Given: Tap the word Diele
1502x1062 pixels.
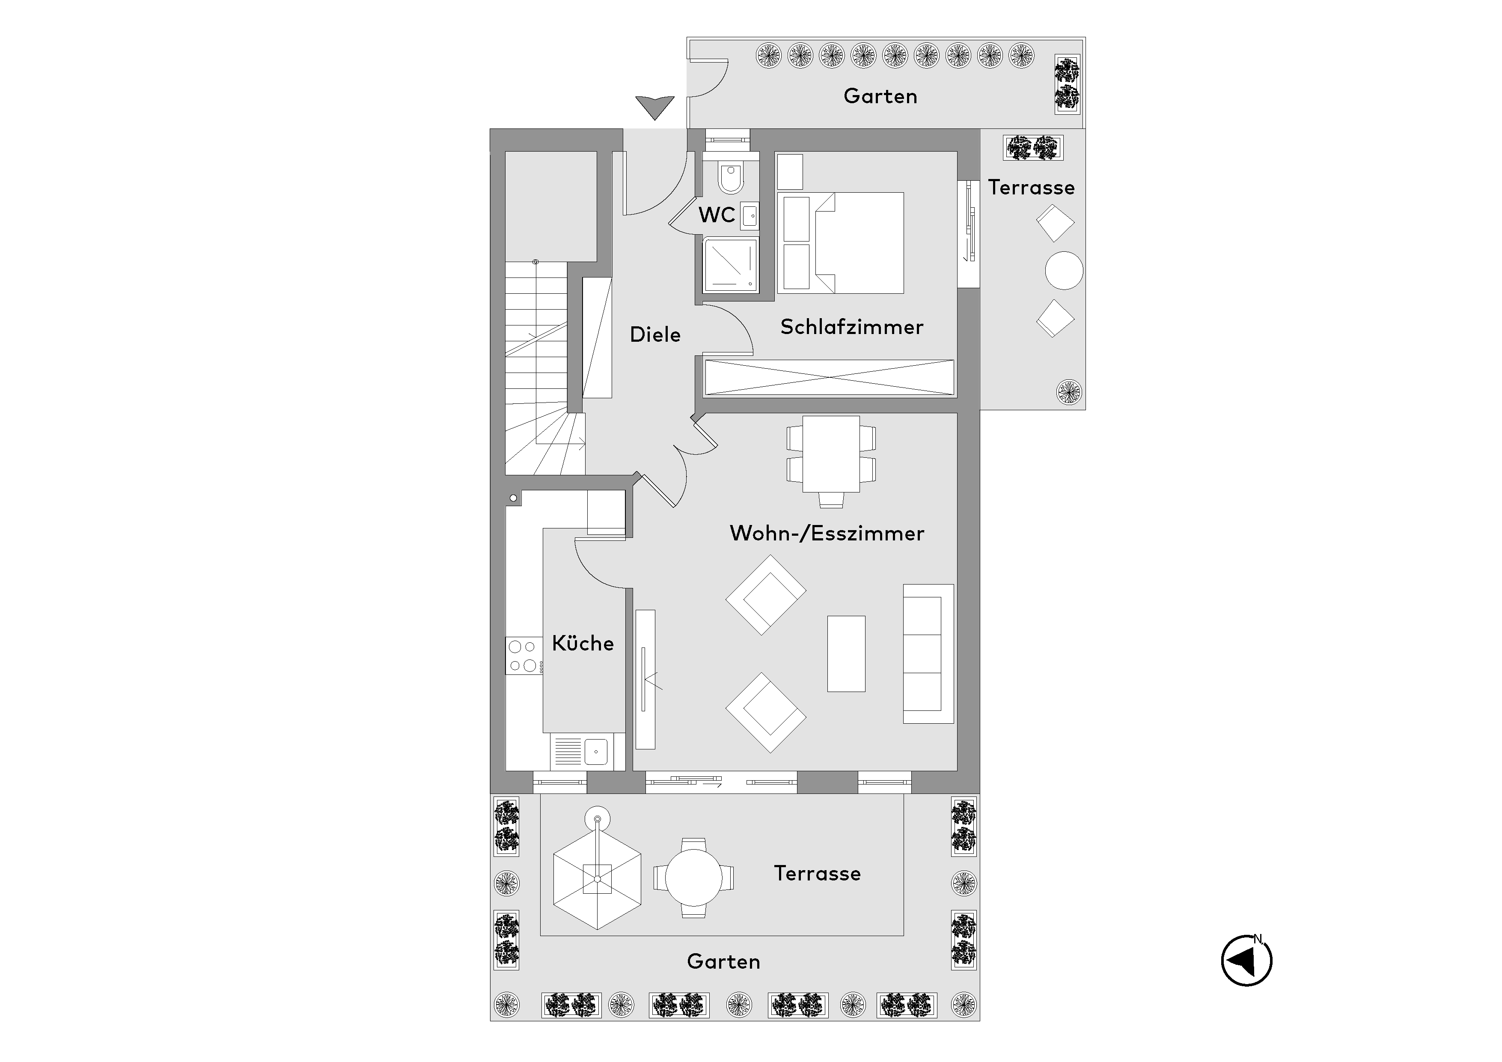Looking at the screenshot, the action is (x=655, y=334).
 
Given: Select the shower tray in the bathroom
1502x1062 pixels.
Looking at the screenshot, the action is (x=731, y=265).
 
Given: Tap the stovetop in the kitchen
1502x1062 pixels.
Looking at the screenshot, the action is (x=523, y=656).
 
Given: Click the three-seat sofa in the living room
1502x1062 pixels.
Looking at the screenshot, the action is (x=928, y=654).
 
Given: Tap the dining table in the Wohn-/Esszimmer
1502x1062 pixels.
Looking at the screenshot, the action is (x=831, y=453).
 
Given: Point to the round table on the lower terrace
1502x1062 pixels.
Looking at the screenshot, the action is (x=693, y=877).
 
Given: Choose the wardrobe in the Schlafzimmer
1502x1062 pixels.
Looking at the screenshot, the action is (x=829, y=378).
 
